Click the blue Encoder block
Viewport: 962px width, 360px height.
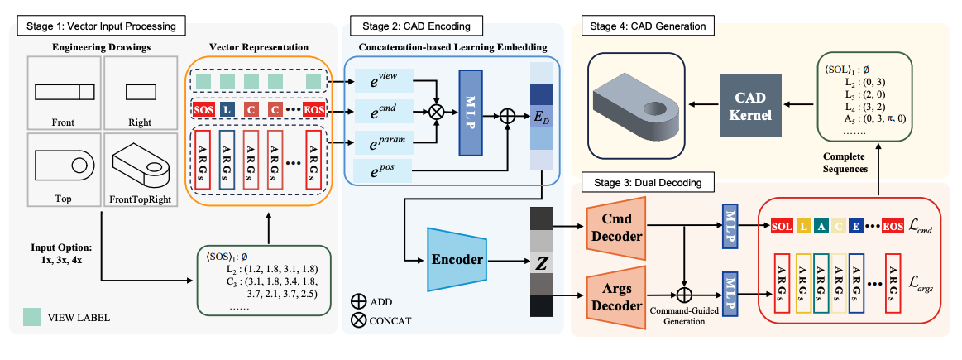coord(457,258)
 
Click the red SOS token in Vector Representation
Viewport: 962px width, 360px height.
coord(203,109)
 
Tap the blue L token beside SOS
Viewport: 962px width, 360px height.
coord(228,109)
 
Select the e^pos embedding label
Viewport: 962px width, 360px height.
coord(382,170)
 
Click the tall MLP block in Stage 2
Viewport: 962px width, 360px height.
coord(470,113)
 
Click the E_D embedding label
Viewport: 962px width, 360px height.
coord(543,118)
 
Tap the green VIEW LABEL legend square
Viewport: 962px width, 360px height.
coord(31,317)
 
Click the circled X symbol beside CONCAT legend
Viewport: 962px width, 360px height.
coord(359,320)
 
